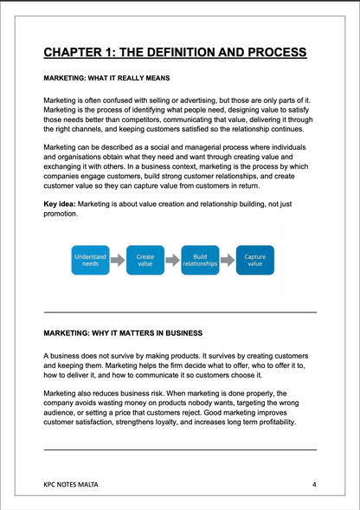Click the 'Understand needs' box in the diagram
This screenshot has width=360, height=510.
[x=90, y=260]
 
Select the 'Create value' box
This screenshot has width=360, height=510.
[x=145, y=260]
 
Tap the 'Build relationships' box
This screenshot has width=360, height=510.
[x=200, y=260]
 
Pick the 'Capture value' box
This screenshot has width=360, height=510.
[x=254, y=260]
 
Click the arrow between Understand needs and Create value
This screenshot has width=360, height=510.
[x=118, y=260]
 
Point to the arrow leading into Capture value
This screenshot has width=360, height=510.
[x=228, y=260]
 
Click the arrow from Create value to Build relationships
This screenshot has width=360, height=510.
[x=172, y=260]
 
